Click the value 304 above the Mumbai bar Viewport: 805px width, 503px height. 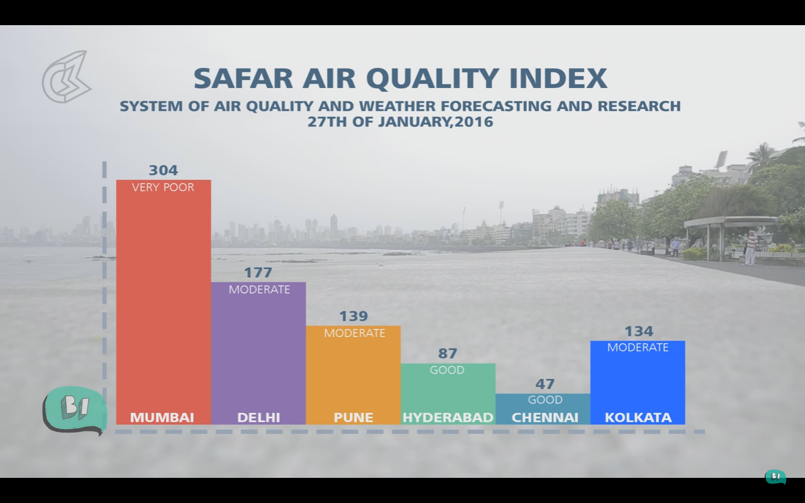(164, 170)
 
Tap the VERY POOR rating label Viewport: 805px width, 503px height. (163, 187)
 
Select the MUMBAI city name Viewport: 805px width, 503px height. (162, 417)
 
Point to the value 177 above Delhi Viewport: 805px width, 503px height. (258, 273)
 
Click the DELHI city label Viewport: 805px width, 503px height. (258, 417)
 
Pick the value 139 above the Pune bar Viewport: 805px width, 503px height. (353, 316)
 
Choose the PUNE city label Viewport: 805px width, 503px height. (353, 417)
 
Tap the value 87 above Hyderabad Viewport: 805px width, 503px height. (447, 353)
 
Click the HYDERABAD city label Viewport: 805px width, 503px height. (448, 417)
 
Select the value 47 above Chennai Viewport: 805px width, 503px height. (545, 384)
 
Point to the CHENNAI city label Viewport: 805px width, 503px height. (545, 417)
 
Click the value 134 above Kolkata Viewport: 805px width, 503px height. (638, 331)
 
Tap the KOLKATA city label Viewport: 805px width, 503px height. (638, 417)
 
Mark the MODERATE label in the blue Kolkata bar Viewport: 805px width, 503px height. (638, 348)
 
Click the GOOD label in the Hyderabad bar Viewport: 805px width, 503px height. (447, 370)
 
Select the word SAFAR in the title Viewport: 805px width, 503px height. (243, 79)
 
